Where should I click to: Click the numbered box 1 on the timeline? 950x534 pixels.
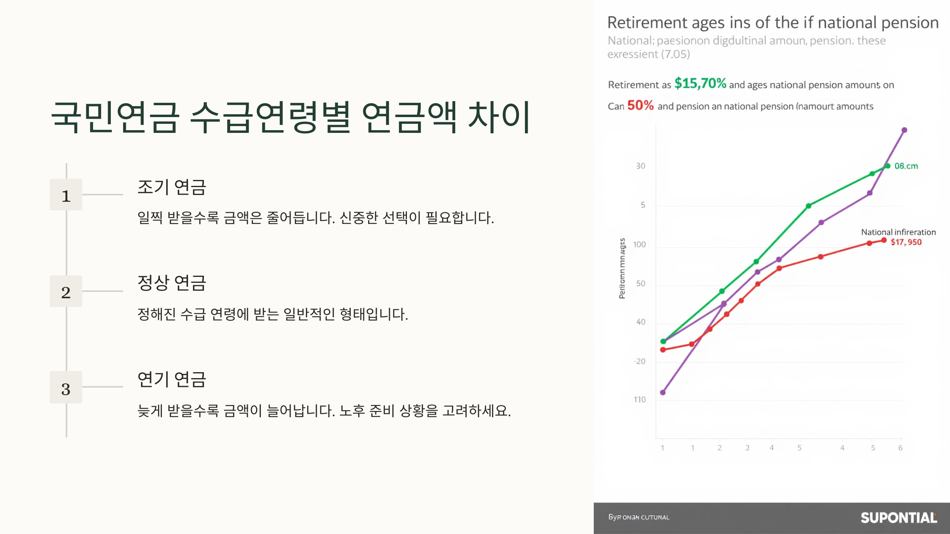(x=66, y=195)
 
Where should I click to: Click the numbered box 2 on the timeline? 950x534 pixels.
(x=66, y=291)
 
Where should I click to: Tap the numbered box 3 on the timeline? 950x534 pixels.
(x=66, y=387)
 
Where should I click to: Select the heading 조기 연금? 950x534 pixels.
(x=171, y=187)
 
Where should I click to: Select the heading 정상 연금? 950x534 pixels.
(x=171, y=283)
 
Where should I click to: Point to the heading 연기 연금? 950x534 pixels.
(x=171, y=379)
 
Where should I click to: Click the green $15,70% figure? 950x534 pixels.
(x=700, y=83)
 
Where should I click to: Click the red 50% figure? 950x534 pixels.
(x=640, y=105)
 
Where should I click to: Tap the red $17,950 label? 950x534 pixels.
(x=906, y=242)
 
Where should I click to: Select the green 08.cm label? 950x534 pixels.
(x=906, y=166)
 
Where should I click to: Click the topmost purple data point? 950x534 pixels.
(x=904, y=130)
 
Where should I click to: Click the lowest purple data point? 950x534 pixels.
(x=663, y=392)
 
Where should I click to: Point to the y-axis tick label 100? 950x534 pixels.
(x=639, y=244)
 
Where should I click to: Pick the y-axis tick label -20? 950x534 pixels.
(x=639, y=361)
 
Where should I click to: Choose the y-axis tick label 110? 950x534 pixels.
(x=639, y=400)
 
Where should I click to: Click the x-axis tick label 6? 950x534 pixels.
(x=900, y=448)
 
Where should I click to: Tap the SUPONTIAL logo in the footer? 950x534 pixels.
(x=898, y=517)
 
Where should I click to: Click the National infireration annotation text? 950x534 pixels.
(x=898, y=232)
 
